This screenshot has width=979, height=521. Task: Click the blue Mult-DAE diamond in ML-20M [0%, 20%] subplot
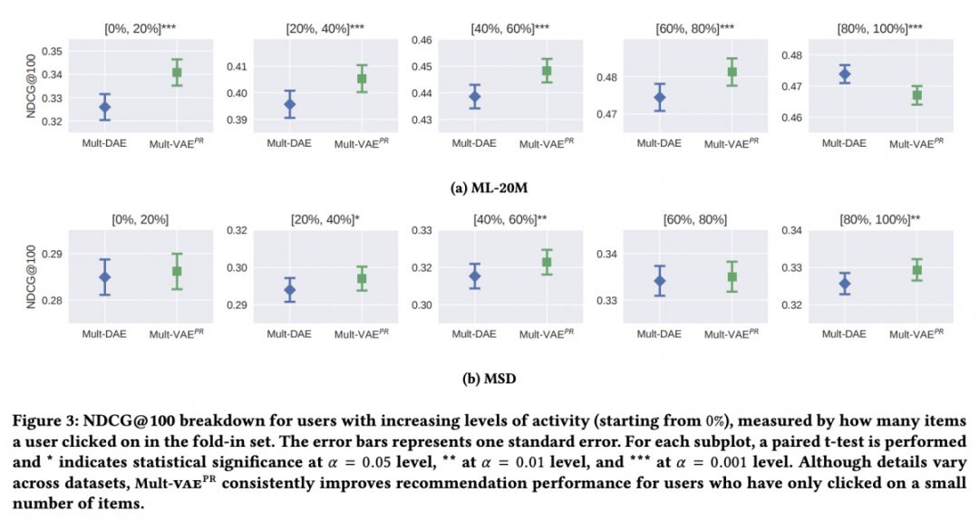coord(105,107)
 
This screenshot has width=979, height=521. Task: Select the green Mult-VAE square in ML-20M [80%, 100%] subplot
coord(916,95)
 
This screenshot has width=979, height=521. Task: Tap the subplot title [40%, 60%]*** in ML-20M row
coord(510,28)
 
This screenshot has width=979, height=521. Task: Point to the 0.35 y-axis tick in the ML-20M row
coord(52,51)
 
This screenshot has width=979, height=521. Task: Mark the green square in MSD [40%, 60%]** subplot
coord(547,263)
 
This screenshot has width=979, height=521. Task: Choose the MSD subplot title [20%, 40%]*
coord(325,218)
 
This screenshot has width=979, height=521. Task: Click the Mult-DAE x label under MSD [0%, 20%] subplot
coord(104,333)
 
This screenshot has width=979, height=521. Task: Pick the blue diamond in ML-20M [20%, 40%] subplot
coord(290,104)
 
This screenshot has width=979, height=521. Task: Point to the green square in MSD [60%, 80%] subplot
coord(732,277)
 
